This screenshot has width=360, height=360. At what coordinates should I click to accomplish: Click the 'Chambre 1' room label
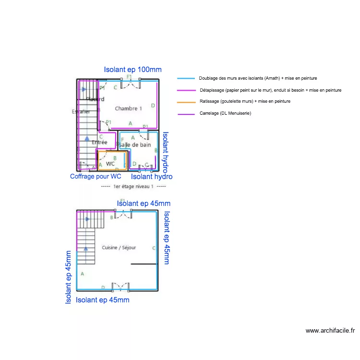click(128, 108)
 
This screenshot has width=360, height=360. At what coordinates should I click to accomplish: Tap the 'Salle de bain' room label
click(135, 144)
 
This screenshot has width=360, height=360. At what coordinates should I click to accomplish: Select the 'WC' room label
click(110, 164)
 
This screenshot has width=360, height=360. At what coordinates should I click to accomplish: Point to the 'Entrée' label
click(99, 142)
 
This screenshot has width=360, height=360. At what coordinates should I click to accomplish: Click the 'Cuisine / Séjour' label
click(119, 248)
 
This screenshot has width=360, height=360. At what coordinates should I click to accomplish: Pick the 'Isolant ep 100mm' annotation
click(132, 70)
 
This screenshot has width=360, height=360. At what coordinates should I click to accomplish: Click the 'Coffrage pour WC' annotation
click(96, 177)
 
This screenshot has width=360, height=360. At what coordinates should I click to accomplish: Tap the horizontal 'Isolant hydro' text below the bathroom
click(152, 177)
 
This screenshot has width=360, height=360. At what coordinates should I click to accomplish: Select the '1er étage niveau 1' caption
click(134, 186)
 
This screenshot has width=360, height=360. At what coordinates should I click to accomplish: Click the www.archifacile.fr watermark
click(330, 331)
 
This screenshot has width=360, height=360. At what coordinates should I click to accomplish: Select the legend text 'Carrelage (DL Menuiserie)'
click(225, 113)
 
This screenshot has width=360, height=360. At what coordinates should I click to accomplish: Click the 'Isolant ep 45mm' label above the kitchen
click(144, 204)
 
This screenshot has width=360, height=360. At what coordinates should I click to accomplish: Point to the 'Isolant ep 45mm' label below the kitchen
click(103, 300)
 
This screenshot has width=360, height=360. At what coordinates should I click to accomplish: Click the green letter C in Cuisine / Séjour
click(154, 248)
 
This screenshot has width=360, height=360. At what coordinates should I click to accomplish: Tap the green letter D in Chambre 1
click(153, 106)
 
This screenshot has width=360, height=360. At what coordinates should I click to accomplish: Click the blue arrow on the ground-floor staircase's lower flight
click(86, 249)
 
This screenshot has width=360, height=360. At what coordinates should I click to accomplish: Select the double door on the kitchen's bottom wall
click(120, 286)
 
